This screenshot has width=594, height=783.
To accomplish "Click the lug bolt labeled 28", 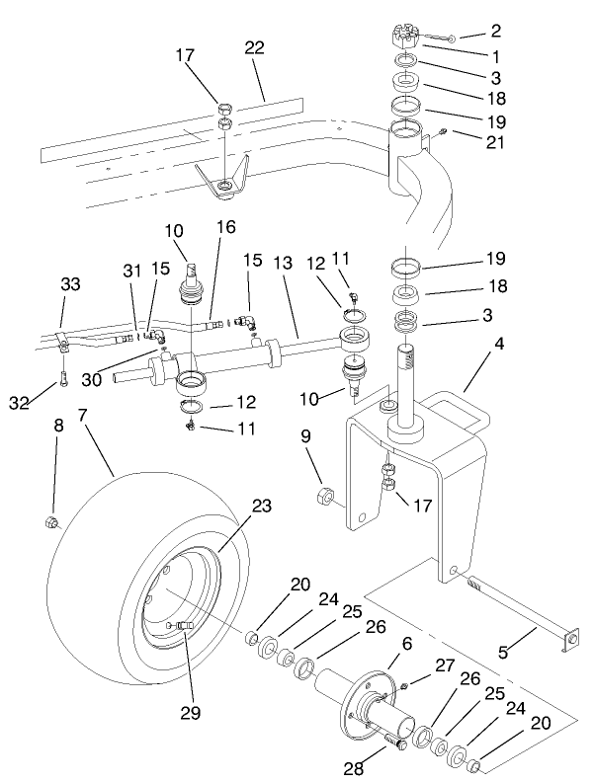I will [395, 737].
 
